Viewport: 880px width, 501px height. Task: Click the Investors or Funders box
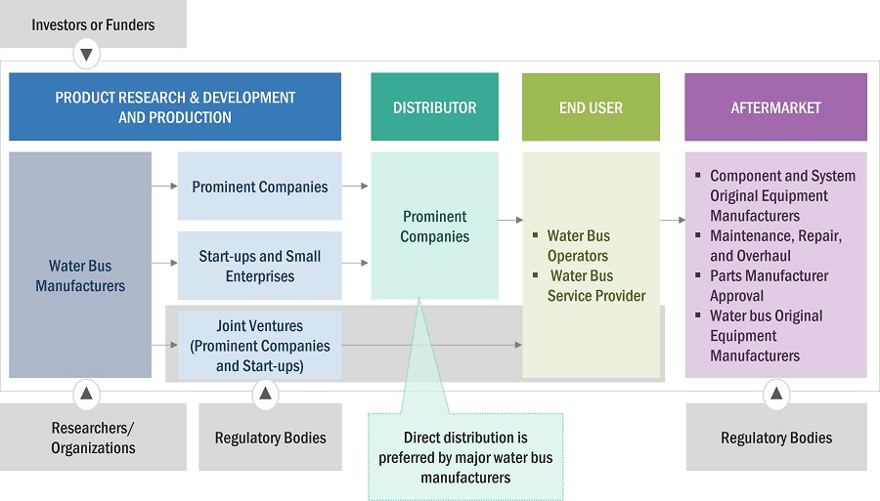coord(93,24)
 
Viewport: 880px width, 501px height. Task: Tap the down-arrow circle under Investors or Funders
coord(87,54)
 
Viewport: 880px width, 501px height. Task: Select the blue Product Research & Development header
coord(175,107)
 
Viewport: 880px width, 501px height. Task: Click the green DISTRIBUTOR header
coord(434,107)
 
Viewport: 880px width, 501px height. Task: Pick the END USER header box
coord(591,107)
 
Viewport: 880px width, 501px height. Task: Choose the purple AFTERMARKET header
coord(775,107)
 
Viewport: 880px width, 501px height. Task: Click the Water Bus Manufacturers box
coord(80,275)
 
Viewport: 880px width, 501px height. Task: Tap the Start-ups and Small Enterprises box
coord(260,266)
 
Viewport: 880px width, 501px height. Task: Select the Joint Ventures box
coord(260,346)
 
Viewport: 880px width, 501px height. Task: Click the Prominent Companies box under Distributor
coord(434,227)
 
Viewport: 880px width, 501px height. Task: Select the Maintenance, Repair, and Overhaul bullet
coord(775,245)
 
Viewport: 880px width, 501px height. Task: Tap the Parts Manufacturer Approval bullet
coord(769,285)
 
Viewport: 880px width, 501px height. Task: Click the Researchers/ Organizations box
coord(93,438)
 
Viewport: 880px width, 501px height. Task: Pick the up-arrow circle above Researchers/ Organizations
coord(87,394)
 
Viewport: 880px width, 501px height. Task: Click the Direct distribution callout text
coord(465,457)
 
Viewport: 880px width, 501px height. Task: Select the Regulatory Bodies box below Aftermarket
coord(776,438)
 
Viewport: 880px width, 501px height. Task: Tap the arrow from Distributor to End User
coord(509,220)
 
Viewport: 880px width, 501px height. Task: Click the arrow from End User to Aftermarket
coord(672,220)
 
